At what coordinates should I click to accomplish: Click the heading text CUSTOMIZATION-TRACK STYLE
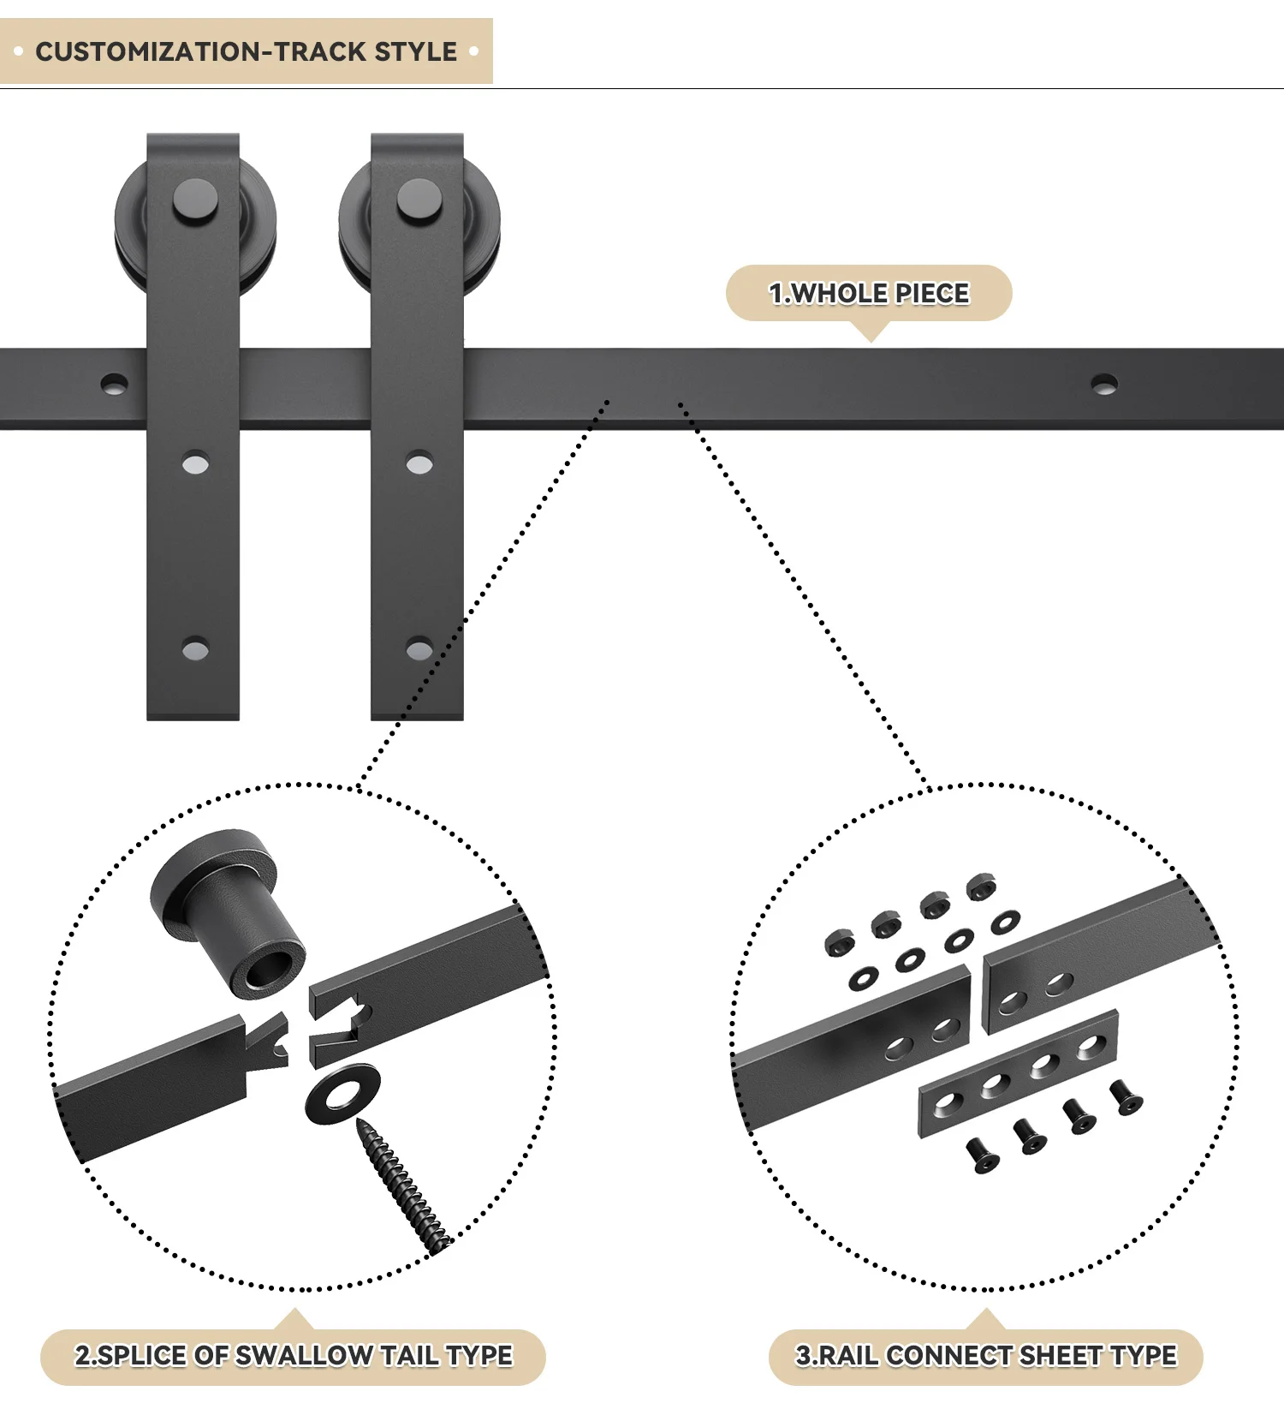(x=246, y=51)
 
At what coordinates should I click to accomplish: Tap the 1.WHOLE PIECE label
(x=869, y=293)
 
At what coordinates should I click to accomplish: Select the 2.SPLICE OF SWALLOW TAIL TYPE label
(x=294, y=1356)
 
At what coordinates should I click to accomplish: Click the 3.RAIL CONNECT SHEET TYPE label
(x=986, y=1356)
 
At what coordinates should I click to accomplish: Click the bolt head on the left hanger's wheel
(x=195, y=201)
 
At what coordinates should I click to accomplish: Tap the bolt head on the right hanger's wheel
(x=419, y=201)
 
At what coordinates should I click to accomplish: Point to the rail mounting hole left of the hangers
(x=114, y=384)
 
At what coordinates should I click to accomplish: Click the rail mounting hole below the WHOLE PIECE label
(x=1103, y=383)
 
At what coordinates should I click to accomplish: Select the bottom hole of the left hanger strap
(x=195, y=649)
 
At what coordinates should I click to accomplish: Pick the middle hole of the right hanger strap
(x=419, y=464)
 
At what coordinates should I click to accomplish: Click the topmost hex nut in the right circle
(x=981, y=887)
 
